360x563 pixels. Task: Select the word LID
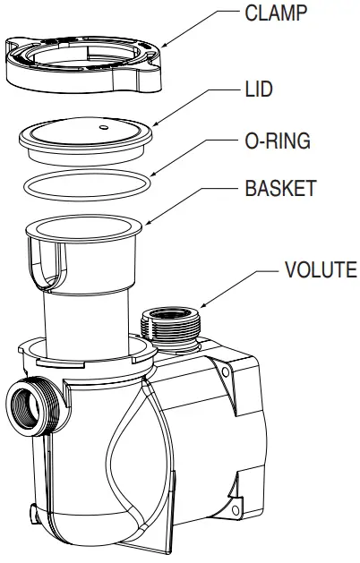coord(259,90)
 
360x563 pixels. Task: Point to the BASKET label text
coord(279,190)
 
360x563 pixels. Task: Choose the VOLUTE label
coord(321,269)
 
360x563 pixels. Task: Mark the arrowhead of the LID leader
coord(155,124)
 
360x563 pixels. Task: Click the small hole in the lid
coord(104,127)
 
